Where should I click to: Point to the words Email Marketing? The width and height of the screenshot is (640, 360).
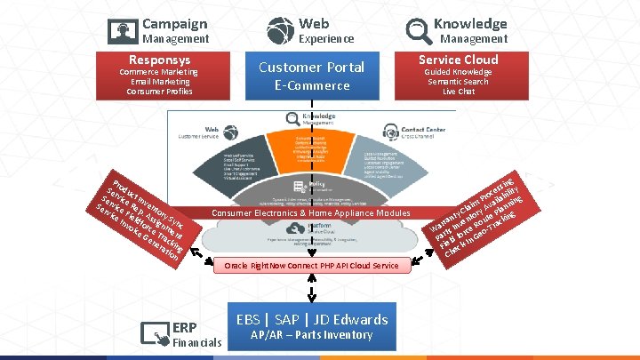pyautogui.click(x=162, y=81)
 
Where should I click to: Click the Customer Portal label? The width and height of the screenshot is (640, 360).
pyautogui.click(x=311, y=67)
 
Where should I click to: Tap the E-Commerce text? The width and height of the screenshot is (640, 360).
pyautogui.click(x=311, y=85)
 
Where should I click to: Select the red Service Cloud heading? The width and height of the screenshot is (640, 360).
pyautogui.click(x=459, y=60)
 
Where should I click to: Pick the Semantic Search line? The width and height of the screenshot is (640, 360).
pyautogui.click(x=459, y=81)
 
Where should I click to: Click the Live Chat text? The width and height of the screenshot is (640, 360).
pyautogui.click(x=459, y=91)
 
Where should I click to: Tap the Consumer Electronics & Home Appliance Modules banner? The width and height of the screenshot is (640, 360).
pyautogui.click(x=311, y=213)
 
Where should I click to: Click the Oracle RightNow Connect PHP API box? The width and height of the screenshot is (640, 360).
pyautogui.click(x=311, y=266)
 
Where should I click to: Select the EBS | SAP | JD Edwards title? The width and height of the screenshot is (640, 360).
pyautogui.click(x=311, y=319)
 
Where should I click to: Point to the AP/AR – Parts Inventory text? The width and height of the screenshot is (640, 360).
pyautogui.click(x=311, y=335)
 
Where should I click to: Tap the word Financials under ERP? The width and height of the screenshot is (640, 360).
pyautogui.click(x=196, y=342)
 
